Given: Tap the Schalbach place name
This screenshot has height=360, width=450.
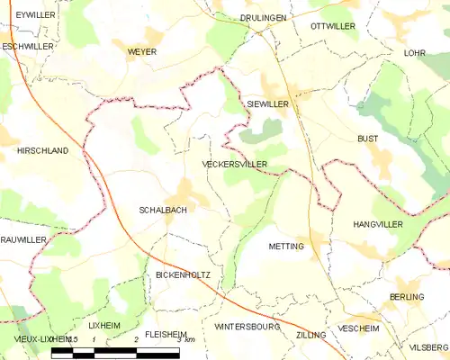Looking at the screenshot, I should pos(163,210).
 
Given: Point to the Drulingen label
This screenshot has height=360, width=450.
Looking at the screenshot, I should pos(263,17).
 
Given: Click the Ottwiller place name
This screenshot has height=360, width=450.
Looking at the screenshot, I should pos(334,27).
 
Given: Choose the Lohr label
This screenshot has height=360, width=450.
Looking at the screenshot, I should pos(415,53).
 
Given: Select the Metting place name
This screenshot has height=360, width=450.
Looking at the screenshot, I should pos(287,246).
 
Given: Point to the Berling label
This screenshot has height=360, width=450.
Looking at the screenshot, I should pos(407,297).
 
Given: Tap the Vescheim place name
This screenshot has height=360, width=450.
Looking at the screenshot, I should pos(358,329).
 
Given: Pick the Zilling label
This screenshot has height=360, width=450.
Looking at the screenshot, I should pos(310,334).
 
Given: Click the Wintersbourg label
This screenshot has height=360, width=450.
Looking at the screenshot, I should pos(247,326).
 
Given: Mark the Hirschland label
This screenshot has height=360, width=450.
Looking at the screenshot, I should pos(42,152).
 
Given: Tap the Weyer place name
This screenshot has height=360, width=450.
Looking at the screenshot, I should pos(141,52).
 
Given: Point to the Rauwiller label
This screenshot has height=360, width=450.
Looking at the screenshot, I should pos(22,239).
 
